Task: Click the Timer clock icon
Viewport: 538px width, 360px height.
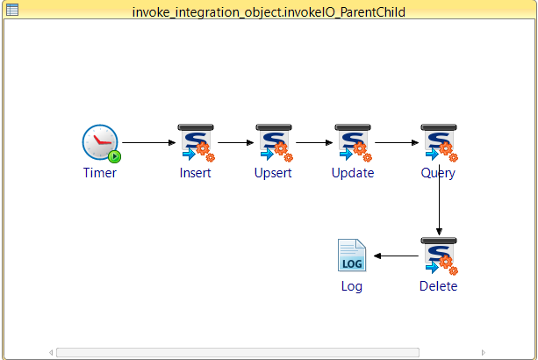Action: click(100, 142)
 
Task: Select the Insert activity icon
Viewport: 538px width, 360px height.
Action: click(196, 143)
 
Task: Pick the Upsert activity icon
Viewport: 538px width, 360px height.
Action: click(274, 143)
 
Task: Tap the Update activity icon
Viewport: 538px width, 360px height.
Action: click(353, 143)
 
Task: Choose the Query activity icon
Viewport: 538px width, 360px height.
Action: click(439, 143)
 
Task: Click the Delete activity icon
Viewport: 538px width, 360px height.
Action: click(439, 256)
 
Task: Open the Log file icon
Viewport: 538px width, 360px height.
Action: click(352, 256)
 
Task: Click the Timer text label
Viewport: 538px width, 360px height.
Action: click(100, 173)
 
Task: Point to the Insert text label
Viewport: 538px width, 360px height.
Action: click(195, 173)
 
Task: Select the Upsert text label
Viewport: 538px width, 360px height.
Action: click(273, 173)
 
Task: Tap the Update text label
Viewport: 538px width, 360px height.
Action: click(353, 173)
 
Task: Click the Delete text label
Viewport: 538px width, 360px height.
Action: click(439, 286)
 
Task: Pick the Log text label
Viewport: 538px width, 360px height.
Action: click(352, 286)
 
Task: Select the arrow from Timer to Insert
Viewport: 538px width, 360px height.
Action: click(149, 142)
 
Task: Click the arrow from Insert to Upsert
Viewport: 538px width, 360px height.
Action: click(236, 142)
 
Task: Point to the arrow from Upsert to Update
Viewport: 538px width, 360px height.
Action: click(314, 142)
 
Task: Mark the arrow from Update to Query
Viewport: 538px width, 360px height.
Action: click(397, 142)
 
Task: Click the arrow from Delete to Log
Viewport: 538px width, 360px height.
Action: click(396, 256)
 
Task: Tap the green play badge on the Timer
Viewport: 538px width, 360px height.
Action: click(115, 156)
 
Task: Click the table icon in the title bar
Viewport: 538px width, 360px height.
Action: click(12, 10)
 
